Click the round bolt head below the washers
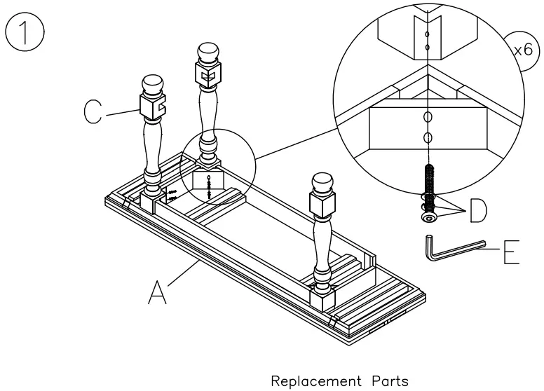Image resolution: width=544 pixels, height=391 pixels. click(x=428, y=219)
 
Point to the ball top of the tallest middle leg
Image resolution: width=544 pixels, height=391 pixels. click(x=208, y=53)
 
